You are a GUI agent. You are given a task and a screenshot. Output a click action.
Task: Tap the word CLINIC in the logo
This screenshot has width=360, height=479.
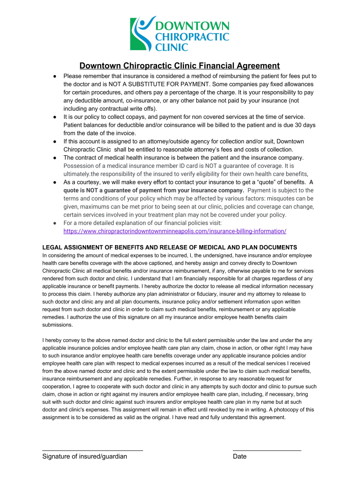172,47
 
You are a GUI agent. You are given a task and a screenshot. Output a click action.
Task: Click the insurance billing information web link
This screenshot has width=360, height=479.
174,231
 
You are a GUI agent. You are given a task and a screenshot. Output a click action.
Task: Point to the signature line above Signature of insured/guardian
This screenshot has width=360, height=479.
93,450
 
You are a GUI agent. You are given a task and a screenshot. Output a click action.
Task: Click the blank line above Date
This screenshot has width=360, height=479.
267,450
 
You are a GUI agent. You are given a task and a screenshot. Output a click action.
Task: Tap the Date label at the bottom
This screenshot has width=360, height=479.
239,457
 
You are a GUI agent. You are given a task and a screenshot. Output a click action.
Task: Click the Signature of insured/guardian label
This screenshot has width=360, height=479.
85,457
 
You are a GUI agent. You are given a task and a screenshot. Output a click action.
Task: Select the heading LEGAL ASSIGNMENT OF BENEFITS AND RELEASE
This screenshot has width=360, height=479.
169,247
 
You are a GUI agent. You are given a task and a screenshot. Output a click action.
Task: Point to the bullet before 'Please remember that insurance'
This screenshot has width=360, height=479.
55,76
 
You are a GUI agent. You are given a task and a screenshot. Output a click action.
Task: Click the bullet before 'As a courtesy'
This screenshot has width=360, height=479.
55,182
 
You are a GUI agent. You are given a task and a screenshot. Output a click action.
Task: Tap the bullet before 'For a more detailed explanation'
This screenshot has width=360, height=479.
55,223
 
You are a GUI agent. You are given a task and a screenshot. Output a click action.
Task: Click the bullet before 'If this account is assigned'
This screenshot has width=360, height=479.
55,141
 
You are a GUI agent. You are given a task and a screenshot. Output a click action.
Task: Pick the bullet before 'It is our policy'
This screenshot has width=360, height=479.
55,116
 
